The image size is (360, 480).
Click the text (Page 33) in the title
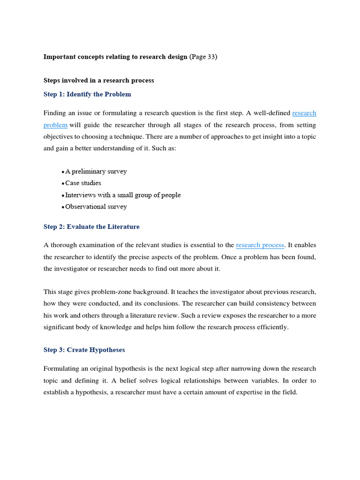coord(203,57)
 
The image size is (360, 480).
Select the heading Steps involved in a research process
coord(98,80)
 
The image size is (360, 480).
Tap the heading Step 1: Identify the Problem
coord(87,94)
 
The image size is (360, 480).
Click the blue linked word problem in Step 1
coord(55,125)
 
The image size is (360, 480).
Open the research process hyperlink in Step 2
coord(260,245)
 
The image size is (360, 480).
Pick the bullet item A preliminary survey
coord(96,172)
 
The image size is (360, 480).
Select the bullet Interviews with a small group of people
coord(122,195)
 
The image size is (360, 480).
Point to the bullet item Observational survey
coord(96,207)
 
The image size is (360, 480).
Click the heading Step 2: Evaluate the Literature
coord(91,227)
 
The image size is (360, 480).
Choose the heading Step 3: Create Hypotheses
coord(84,350)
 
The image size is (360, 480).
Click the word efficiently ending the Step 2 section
coord(272,327)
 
